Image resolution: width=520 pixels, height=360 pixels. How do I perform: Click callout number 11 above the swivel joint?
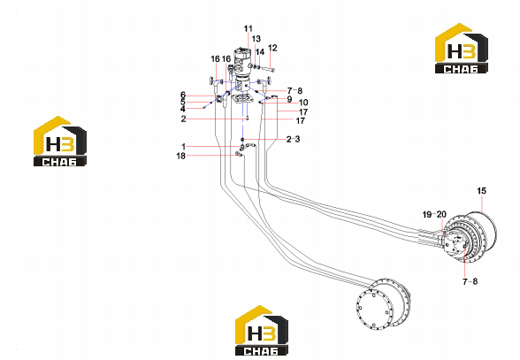click(248, 29)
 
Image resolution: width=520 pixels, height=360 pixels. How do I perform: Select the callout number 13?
click(256, 39)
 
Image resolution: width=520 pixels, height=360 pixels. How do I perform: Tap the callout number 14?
click(260, 52)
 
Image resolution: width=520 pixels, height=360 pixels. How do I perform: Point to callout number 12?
click(272, 48)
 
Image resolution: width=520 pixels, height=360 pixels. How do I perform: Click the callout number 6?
click(183, 96)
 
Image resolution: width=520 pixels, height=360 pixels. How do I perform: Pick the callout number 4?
click(183, 109)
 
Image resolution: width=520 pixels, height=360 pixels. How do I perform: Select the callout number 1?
click(183, 146)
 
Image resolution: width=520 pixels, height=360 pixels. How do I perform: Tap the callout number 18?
click(180, 156)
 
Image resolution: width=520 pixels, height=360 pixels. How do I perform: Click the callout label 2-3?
click(294, 139)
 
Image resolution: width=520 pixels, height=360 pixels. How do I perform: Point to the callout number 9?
click(289, 99)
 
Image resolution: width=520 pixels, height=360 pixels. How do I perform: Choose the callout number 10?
click(303, 103)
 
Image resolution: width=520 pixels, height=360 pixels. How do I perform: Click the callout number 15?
click(481, 191)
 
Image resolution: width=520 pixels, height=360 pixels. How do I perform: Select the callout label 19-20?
click(434, 214)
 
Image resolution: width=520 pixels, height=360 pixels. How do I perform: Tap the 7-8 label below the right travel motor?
click(470, 281)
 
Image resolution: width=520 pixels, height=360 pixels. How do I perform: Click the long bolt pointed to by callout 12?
click(268, 69)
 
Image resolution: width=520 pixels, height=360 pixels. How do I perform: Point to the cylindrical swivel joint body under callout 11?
click(241, 63)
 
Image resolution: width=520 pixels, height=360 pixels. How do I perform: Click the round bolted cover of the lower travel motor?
click(373, 310)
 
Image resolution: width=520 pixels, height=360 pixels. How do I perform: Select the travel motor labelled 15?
click(469, 235)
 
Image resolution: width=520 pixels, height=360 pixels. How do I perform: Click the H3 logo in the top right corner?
click(462, 48)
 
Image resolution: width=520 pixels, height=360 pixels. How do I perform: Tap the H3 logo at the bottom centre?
click(262, 331)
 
